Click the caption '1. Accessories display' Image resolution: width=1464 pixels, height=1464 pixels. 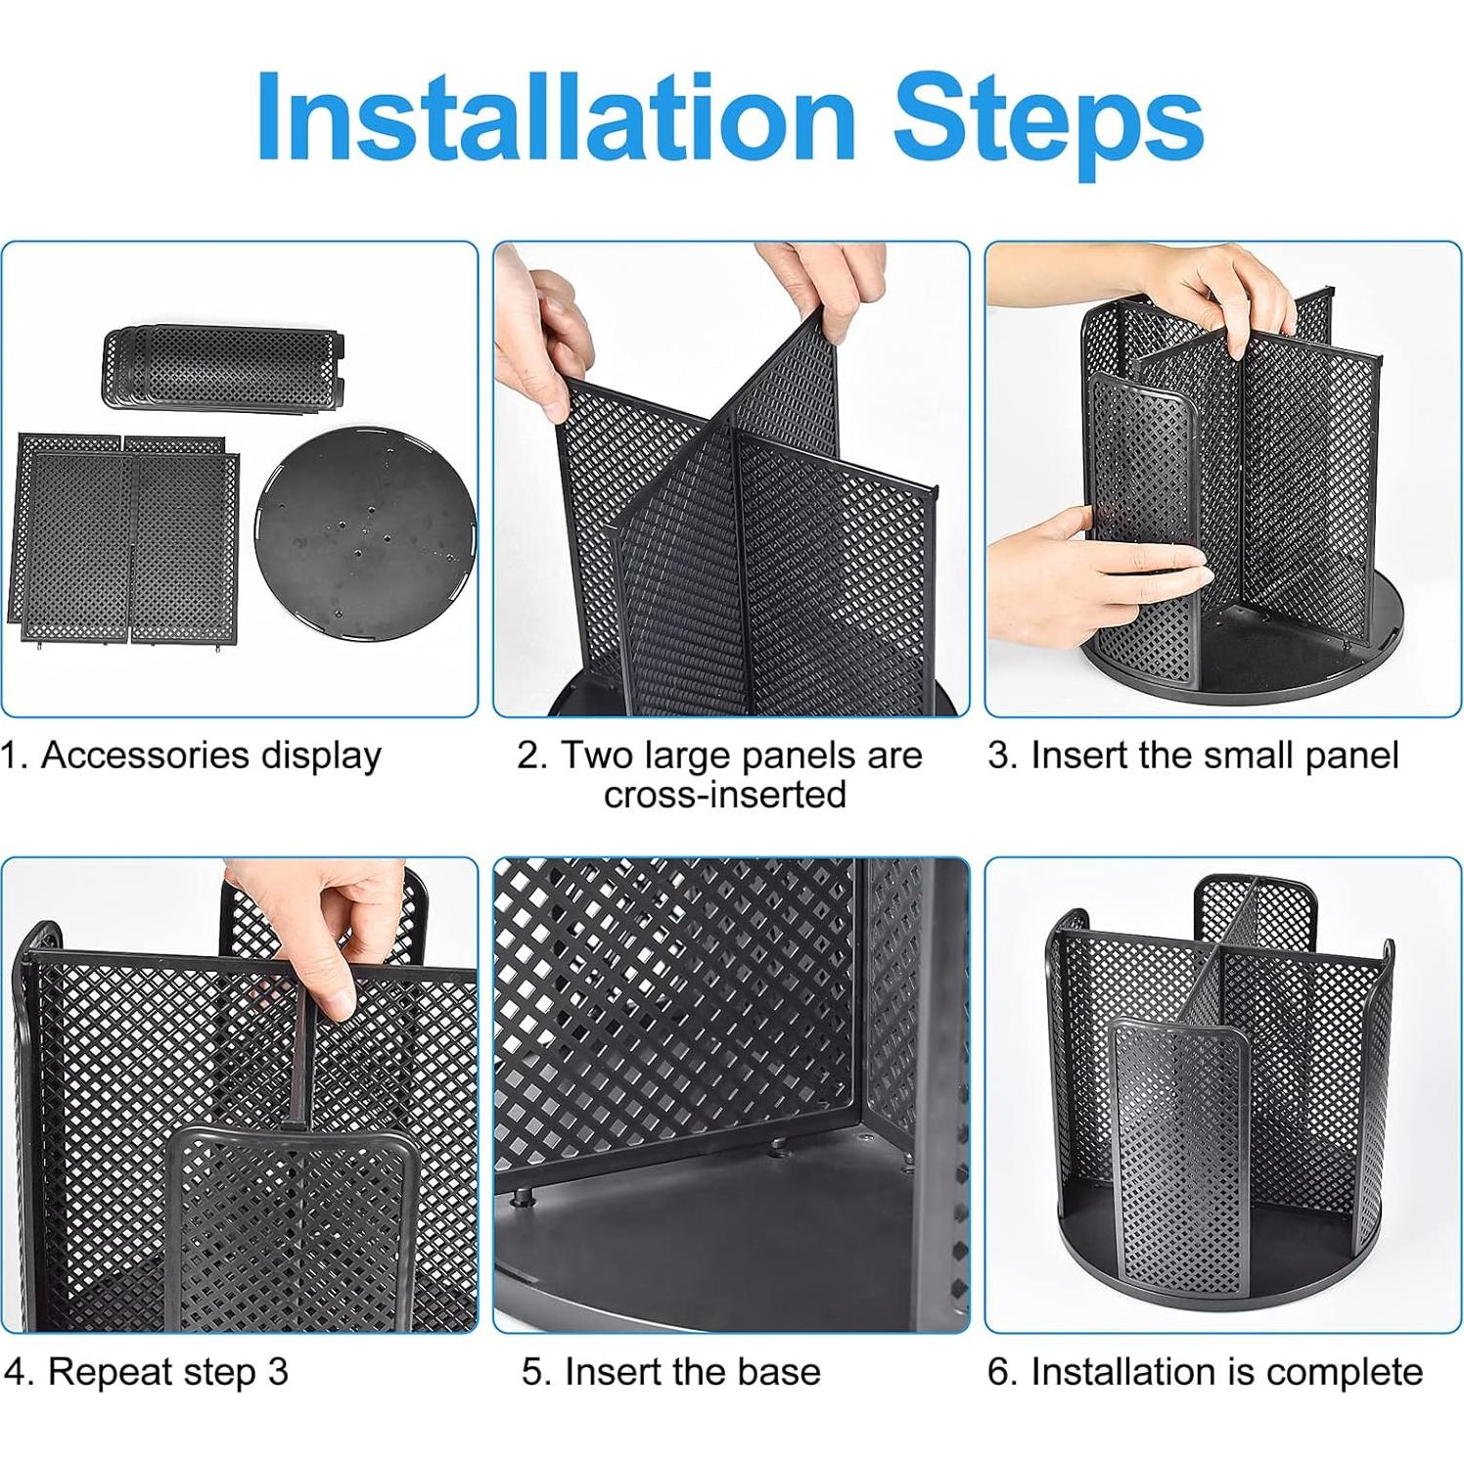[x=192, y=755]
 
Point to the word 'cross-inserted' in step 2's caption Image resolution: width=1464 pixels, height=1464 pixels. [x=724, y=795]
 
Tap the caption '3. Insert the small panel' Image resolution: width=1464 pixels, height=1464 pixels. [x=1193, y=755]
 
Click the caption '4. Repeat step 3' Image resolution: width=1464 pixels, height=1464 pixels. [x=147, y=1372]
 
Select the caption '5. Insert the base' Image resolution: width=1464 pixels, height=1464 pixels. [x=671, y=1372]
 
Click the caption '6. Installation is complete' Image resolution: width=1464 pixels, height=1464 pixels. [x=1205, y=1372]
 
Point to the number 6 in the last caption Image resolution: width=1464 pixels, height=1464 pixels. [x=997, y=1372]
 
